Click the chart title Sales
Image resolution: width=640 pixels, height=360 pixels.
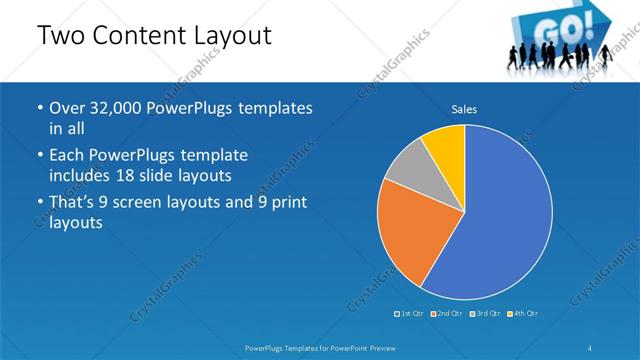point(464,108)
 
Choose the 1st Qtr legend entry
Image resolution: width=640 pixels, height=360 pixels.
point(410,314)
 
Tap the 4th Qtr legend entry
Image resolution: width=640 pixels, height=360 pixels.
point(525,314)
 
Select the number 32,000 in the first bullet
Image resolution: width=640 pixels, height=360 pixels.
point(117,108)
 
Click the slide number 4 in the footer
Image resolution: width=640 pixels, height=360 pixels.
point(590,346)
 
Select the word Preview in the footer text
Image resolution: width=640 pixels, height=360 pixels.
point(379,346)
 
